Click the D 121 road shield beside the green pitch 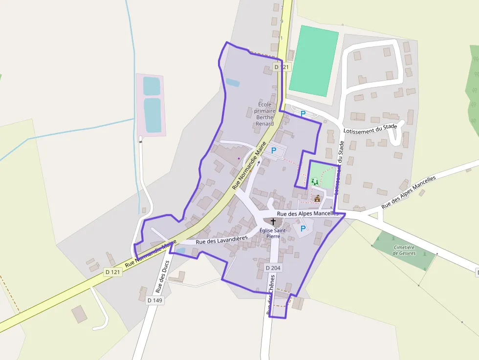(x=282, y=66)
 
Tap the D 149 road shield (x=154, y=300)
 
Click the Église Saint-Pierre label (x=273, y=233)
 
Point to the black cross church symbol (x=273, y=222)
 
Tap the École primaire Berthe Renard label (x=264, y=114)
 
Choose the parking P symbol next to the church (x=303, y=228)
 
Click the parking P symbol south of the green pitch (x=303, y=114)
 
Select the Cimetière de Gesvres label (x=404, y=250)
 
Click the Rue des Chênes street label (x=270, y=295)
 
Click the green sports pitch (x=314, y=61)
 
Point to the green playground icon (x=314, y=182)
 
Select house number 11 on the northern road (x=280, y=38)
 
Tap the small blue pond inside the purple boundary (x=233, y=83)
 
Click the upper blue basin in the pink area (x=152, y=86)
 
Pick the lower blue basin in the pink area (x=152, y=115)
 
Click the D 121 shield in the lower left (x=112, y=272)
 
